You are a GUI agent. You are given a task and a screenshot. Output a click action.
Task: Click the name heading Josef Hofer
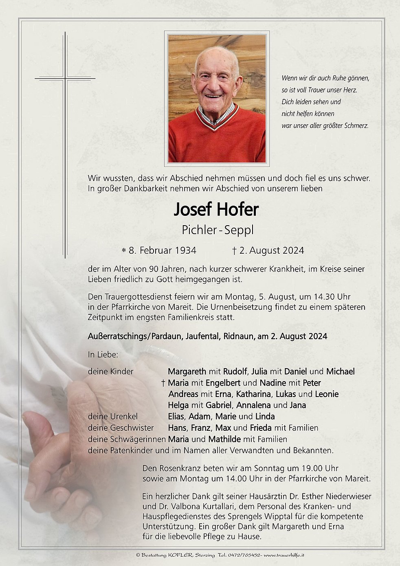[216, 210]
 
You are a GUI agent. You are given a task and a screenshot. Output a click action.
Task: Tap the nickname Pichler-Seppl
[218, 230]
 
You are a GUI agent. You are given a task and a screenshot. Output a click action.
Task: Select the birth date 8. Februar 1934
[162, 250]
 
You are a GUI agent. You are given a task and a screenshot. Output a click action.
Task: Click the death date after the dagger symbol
[271, 250]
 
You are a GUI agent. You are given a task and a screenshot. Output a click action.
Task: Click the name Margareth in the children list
[187, 371]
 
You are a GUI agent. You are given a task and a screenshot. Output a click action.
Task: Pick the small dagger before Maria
[163, 383]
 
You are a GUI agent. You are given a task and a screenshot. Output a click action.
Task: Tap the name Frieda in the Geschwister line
[261, 428]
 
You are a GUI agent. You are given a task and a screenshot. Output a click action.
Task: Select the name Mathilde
[224, 439]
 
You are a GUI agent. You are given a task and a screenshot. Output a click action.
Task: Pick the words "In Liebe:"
[103, 355]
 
